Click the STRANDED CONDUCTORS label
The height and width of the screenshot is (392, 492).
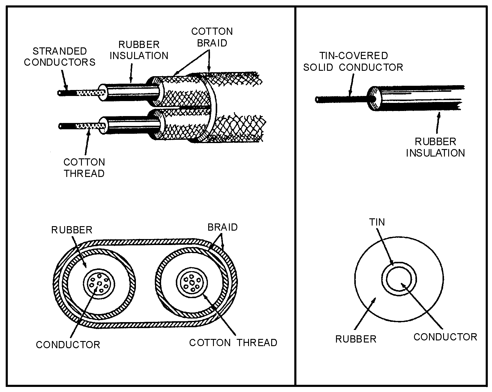(x=60, y=56)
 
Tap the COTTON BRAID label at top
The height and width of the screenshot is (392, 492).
(x=212, y=37)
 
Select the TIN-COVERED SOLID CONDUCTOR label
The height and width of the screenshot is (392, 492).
(x=353, y=61)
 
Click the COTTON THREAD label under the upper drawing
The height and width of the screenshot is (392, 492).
(x=84, y=168)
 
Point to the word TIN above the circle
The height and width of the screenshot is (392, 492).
(x=377, y=222)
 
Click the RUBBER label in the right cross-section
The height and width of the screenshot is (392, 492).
(x=355, y=339)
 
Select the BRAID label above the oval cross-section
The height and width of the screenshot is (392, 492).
(x=222, y=227)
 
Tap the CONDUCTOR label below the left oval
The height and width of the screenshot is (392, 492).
(x=68, y=345)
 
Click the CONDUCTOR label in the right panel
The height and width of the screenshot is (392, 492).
(x=445, y=337)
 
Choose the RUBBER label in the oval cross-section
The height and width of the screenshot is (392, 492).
(x=72, y=230)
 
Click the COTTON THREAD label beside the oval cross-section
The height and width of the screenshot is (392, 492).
(x=233, y=343)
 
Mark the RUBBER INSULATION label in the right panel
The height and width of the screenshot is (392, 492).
(x=435, y=147)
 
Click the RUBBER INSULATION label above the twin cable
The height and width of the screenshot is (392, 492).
(x=139, y=50)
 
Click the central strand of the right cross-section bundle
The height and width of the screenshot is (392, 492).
(x=192, y=283)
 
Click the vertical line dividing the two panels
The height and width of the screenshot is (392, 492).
(x=295, y=195)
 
